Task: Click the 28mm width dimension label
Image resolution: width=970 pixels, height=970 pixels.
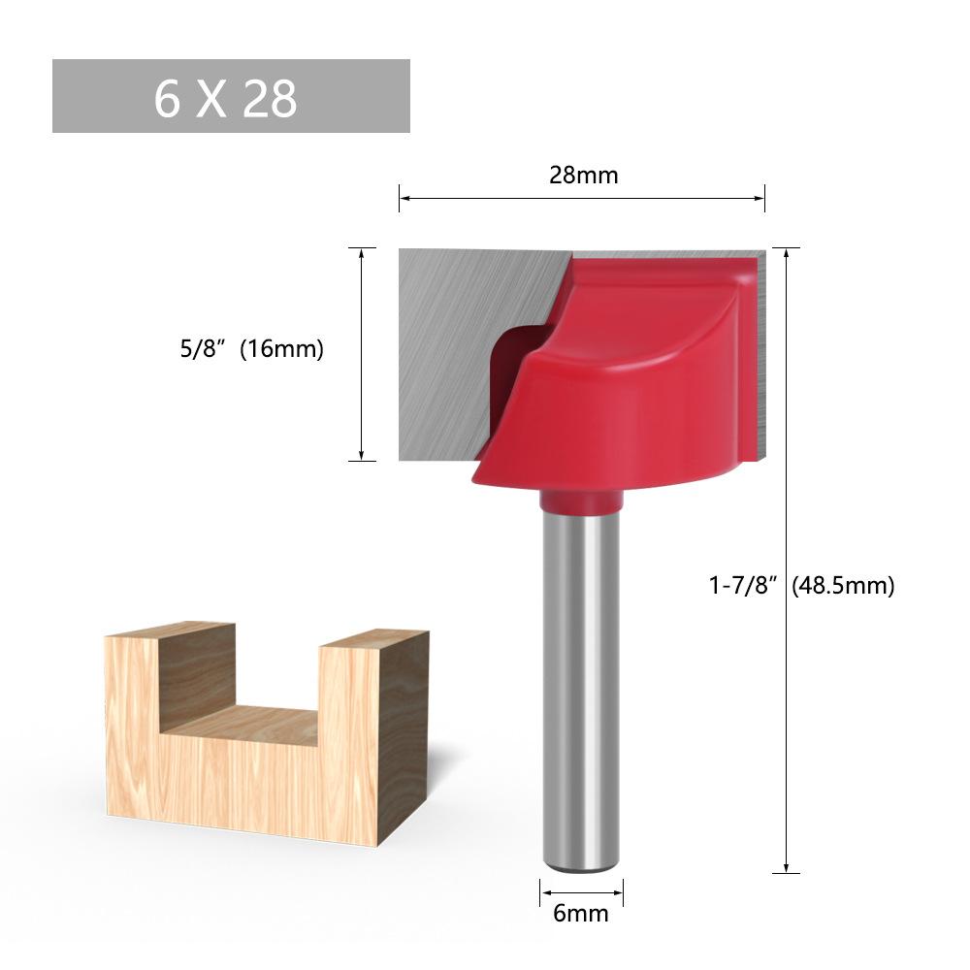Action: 583,176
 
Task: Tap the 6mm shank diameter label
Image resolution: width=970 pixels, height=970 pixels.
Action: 580,913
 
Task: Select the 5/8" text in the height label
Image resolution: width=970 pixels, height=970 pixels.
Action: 201,349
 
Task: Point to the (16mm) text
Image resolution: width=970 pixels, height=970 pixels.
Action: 281,349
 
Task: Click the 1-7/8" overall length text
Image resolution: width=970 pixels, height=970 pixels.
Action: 742,585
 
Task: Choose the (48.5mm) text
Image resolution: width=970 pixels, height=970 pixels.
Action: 843,585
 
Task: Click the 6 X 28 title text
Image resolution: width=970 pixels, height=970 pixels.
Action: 225,98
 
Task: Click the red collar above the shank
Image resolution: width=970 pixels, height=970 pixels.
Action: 581,501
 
